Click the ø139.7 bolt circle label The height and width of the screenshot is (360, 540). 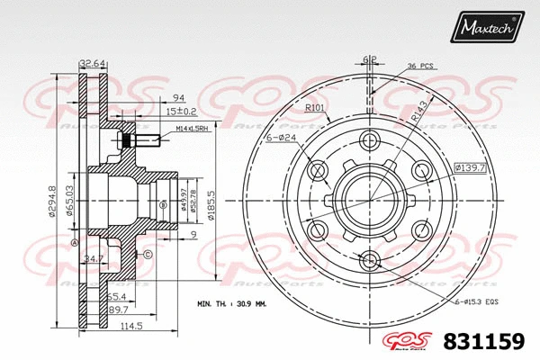click(x=470, y=167)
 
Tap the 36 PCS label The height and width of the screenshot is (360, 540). click(x=421, y=65)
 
